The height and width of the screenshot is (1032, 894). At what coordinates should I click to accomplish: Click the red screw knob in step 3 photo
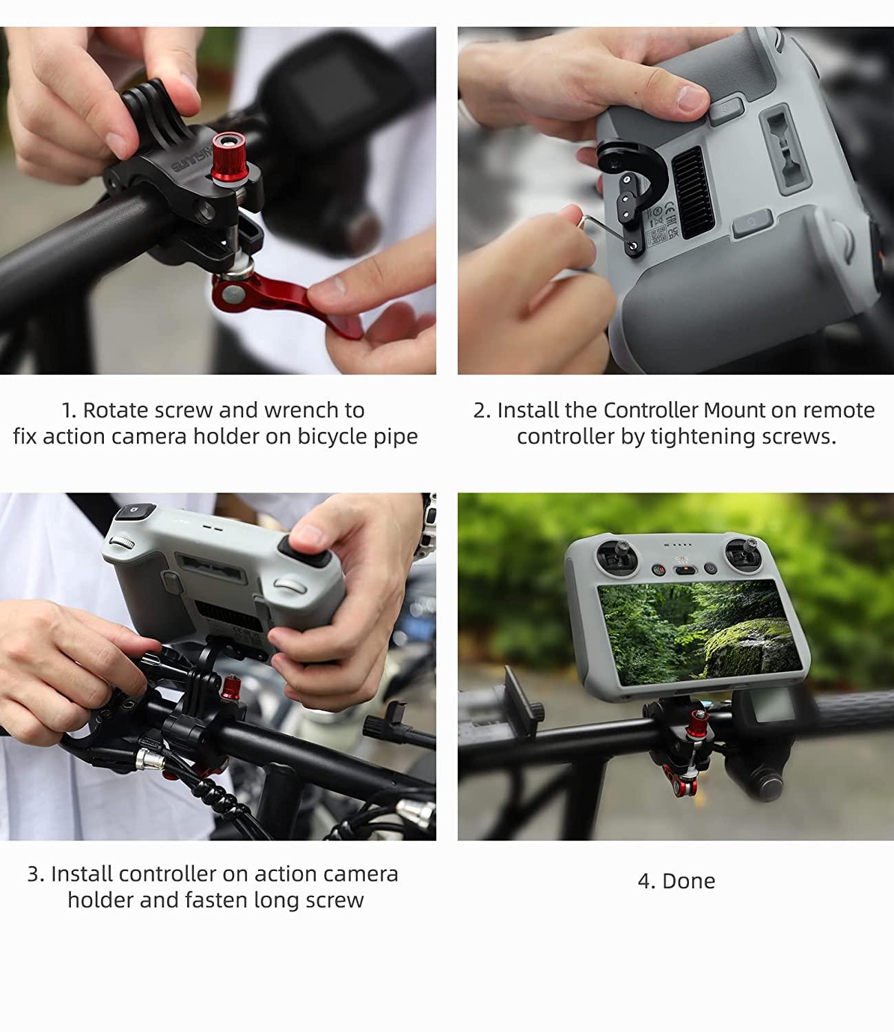(231, 688)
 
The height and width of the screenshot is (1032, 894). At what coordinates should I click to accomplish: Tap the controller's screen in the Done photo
(699, 632)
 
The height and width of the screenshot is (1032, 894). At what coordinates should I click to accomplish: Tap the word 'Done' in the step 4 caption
(688, 881)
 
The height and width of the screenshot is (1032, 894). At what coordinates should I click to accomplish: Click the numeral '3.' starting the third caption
(36, 874)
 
